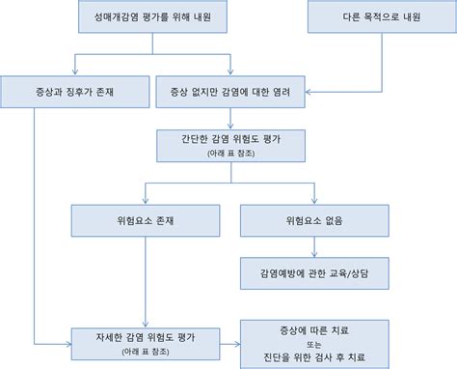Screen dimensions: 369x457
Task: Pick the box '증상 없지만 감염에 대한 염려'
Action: pos(230,93)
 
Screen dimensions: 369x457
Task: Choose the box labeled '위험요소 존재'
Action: pos(145,220)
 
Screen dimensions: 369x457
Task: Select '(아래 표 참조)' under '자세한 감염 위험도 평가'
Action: pos(145,349)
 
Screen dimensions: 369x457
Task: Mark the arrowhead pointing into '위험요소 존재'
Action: pos(145,201)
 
